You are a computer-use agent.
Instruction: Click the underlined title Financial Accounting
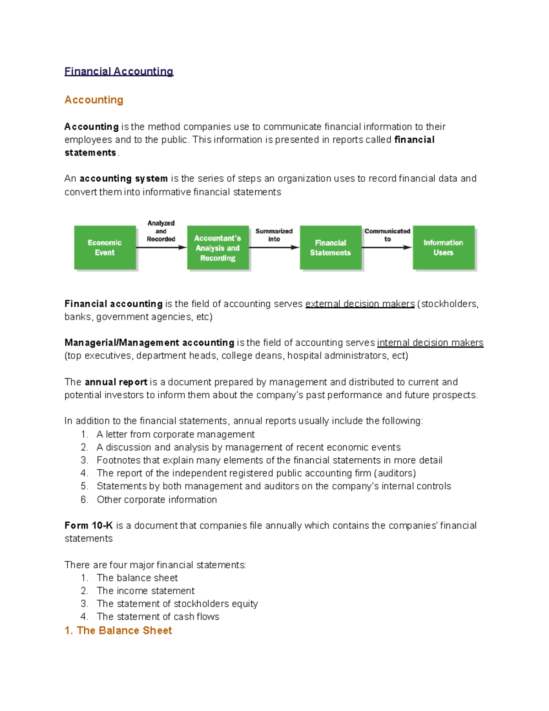(118, 71)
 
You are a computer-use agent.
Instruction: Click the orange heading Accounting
(94, 100)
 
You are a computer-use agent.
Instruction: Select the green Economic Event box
(105, 248)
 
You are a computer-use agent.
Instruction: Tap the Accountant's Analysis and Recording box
(218, 248)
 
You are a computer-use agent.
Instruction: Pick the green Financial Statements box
(330, 248)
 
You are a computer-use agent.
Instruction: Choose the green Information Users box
(443, 248)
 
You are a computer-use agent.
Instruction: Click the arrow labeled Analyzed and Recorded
(161, 247)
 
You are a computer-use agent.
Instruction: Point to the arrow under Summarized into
(274, 247)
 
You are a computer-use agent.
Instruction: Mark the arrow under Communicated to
(387, 247)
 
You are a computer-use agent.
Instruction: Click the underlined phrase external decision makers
(360, 304)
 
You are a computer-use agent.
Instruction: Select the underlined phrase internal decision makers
(430, 342)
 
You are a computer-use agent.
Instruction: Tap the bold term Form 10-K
(89, 526)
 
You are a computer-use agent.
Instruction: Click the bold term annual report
(116, 382)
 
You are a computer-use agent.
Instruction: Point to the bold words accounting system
(124, 179)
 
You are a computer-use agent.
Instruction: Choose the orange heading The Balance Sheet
(118, 630)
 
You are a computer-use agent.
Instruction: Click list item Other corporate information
(156, 499)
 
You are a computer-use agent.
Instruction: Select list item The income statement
(145, 591)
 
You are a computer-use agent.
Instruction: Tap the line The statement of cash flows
(158, 617)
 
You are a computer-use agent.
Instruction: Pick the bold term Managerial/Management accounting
(149, 342)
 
